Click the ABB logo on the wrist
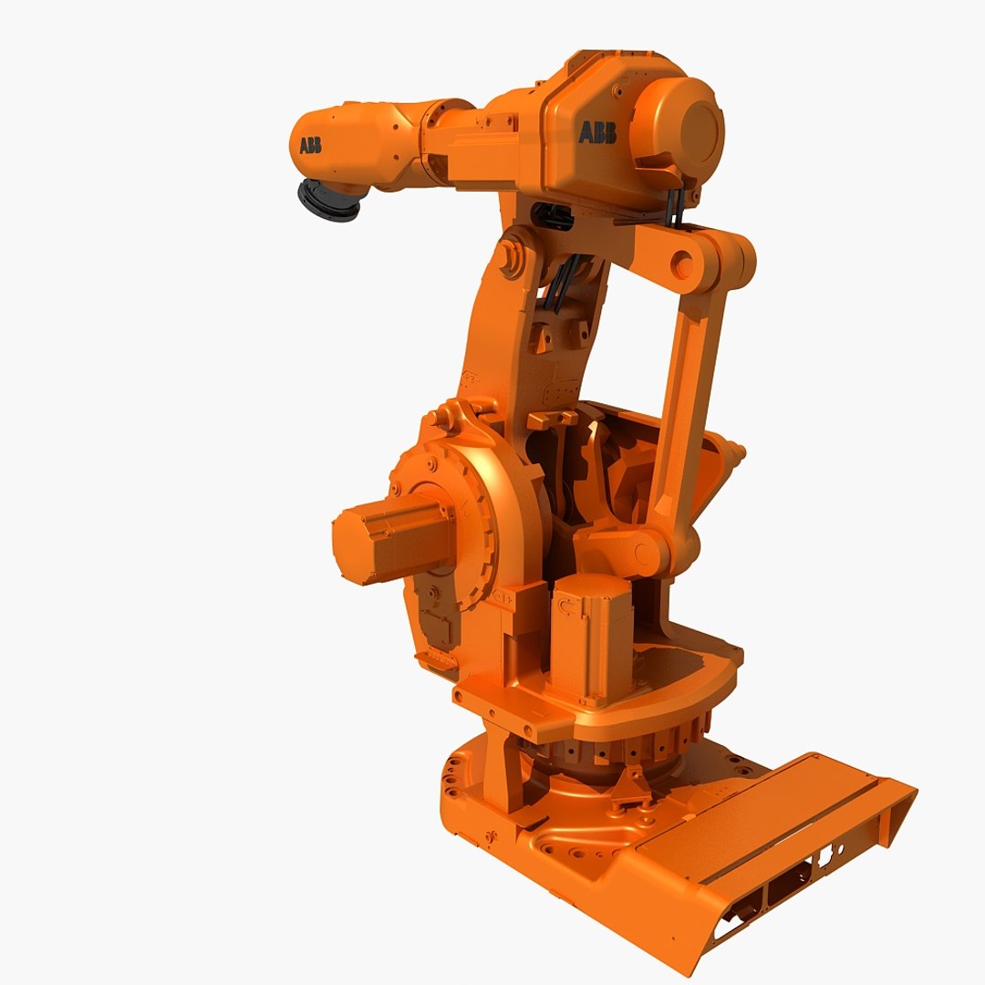pyautogui.click(x=310, y=146)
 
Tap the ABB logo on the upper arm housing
pyautogui.click(x=597, y=133)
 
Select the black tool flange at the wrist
pyautogui.click(x=328, y=201)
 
